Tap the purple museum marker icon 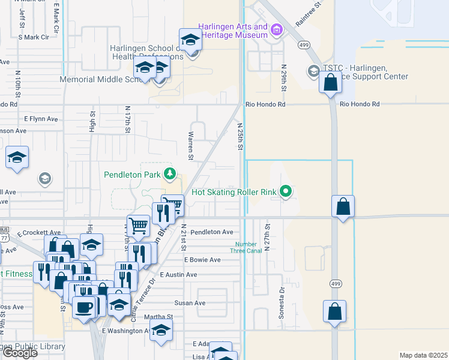[x=276, y=29]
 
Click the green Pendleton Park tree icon [x=170, y=174]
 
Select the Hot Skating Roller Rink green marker [x=286, y=192]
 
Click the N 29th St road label [x=284, y=78]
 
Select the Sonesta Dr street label [x=281, y=298]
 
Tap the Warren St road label [x=190, y=146]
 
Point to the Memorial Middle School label [x=96, y=79]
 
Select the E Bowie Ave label [x=202, y=260]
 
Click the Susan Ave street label [x=190, y=303]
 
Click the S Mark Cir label [x=34, y=37]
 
